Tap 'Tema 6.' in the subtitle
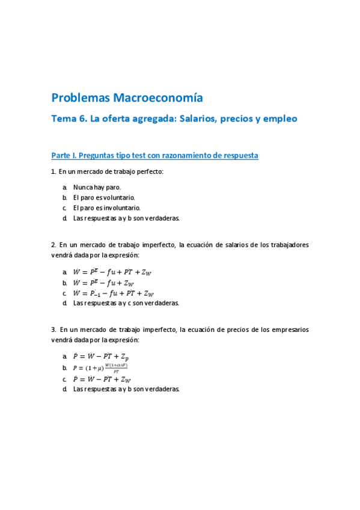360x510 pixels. tap(69, 119)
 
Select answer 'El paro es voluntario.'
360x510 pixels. tap(104, 197)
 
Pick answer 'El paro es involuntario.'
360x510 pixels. tap(107, 207)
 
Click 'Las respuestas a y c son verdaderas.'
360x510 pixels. tap(126, 303)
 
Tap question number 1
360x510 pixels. tap(53, 172)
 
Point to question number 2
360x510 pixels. tap(53, 245)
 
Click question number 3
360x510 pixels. tap(53, 330)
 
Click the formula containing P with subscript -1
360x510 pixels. tap(113, 293)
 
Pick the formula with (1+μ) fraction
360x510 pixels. tap(100, 368)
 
